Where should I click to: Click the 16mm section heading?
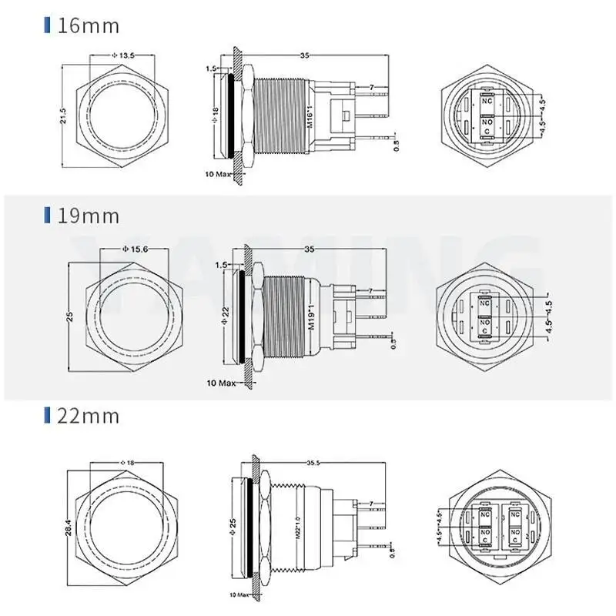89,26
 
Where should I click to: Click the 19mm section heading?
89,216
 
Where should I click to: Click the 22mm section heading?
89,417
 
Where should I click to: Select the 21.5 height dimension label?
64,115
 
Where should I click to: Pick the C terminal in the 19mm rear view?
485,330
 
